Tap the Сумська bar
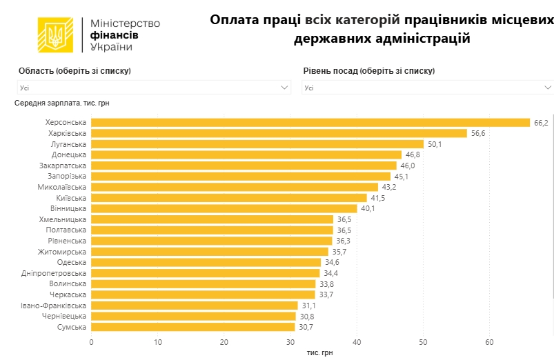tap(192, 327)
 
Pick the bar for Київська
tap(229, 198)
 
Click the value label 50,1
tap(435, 144)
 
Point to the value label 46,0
tap(408, 166)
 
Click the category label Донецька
tap(69, 154)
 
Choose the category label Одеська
tap(72, 262)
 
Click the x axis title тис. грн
tap(319, 352)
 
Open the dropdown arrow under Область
tap(285, 88)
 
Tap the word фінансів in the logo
tap(115, 34)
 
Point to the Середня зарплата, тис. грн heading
tap(62, 103)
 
